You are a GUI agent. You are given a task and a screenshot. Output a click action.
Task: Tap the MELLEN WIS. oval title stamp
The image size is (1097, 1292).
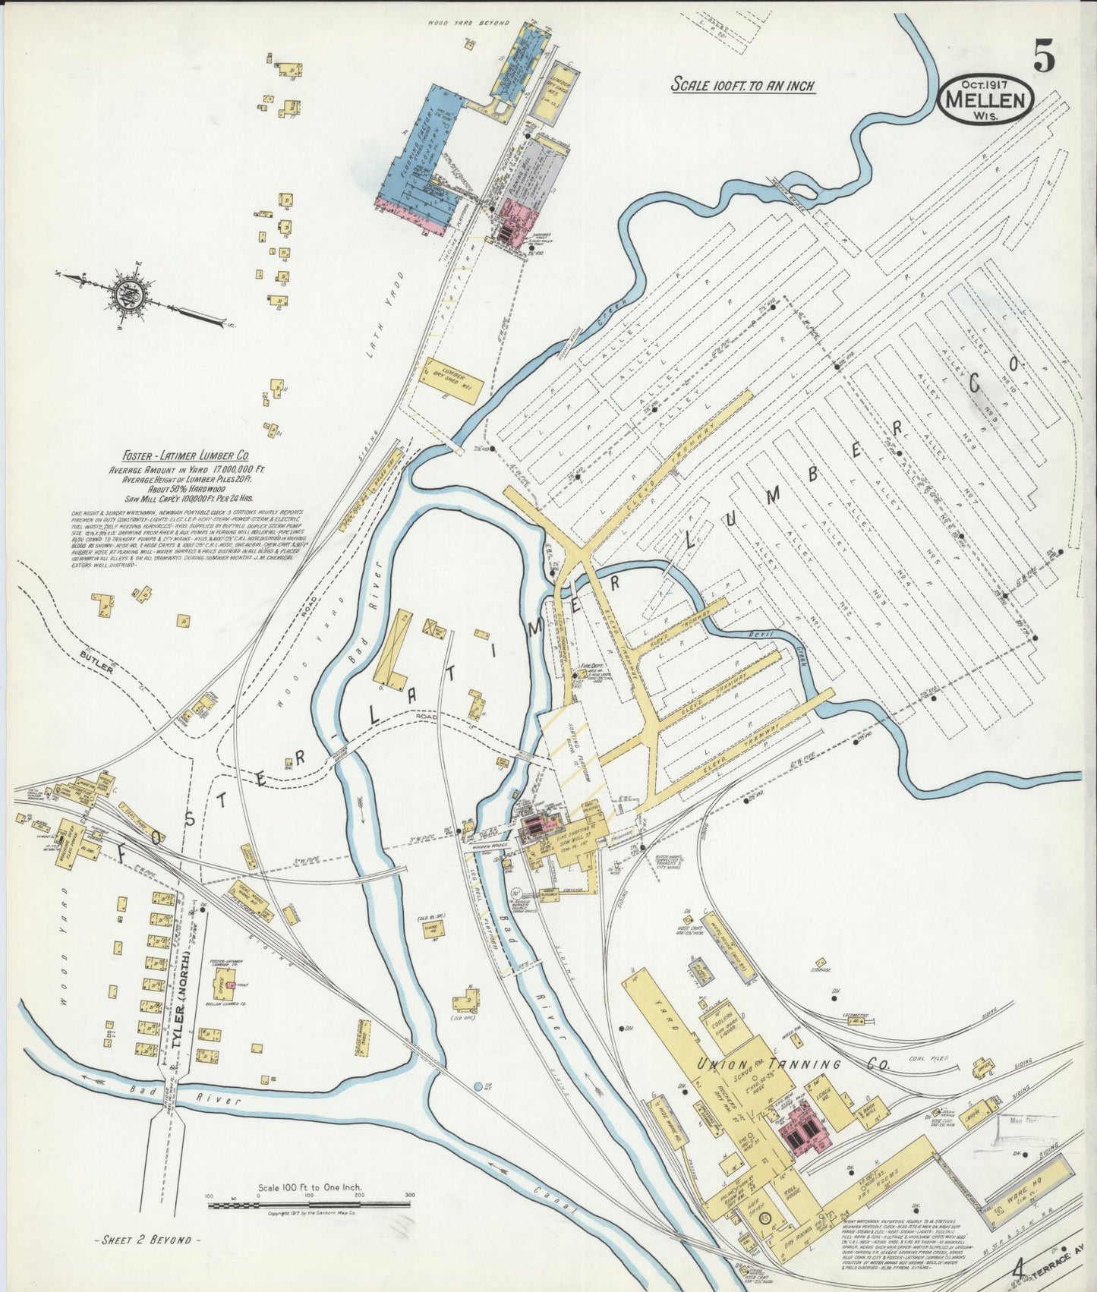[x=985, y=100]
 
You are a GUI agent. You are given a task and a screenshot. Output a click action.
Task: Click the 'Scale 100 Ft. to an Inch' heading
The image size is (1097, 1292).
[x=742, y=85]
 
